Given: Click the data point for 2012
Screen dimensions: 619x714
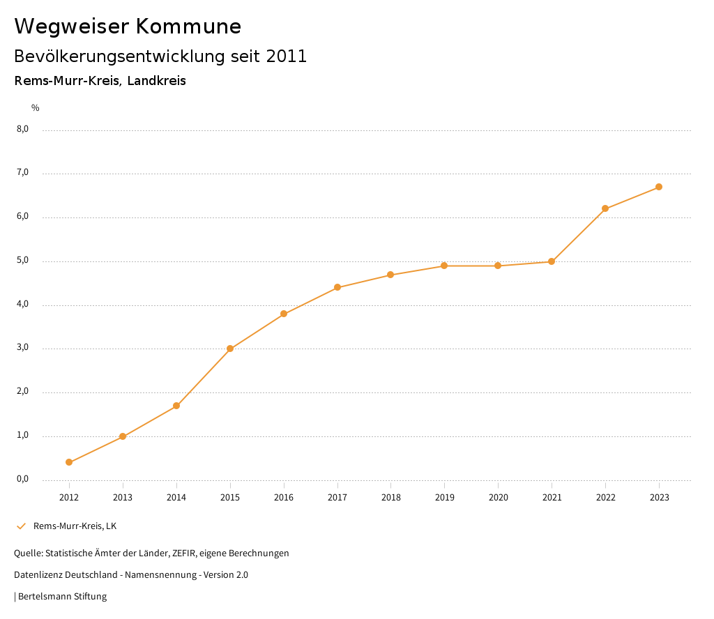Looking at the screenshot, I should (x=69, y=462).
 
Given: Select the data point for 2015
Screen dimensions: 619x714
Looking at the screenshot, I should (x=230, y=349).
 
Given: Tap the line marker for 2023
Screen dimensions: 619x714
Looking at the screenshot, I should (x=659, y=187).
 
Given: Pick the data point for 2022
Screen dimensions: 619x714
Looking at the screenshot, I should (x=605, y=208).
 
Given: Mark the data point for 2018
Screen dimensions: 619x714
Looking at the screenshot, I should (x=390, y=275).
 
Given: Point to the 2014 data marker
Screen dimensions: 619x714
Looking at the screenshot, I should (x=176, y=406).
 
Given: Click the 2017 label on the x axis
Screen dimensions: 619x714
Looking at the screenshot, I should (x=337, y=497).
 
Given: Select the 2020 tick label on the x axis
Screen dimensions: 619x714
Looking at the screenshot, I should (x=498, y=497).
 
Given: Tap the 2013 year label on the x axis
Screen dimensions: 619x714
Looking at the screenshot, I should (x=123, y=497).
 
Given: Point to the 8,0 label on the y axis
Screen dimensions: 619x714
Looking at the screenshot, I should (x=22, y=129).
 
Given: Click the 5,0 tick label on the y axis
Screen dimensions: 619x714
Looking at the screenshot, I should (x=22, y=261).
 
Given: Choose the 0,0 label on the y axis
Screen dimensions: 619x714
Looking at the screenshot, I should (x=22, y=479).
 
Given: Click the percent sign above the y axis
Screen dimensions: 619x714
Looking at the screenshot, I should (x=36, y=107).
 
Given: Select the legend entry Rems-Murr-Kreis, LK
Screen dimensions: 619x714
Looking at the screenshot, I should (x=75, y=526).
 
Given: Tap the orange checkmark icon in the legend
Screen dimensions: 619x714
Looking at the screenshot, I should (x=21, y=526).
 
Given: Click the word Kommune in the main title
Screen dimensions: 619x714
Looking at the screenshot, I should (x=188, y=26).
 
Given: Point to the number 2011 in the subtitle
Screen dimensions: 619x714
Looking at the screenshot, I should (x=287, y=56).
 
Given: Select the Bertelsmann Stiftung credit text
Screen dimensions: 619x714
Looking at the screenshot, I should (x=62, y=596).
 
